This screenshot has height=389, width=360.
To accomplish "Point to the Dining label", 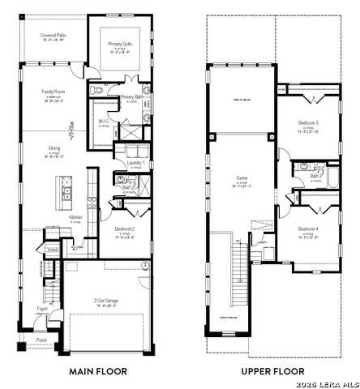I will coord(53,148).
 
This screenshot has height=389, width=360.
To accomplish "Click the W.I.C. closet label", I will coord(104,122).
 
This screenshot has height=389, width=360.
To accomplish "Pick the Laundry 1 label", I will coord(136,163).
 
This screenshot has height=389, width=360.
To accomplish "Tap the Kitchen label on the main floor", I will coord(75,217).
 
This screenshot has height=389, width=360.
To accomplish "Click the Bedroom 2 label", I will coord(124,229).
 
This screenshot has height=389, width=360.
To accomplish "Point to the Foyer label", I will coord(41,309).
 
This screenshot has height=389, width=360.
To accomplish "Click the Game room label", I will coord(241,177).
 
